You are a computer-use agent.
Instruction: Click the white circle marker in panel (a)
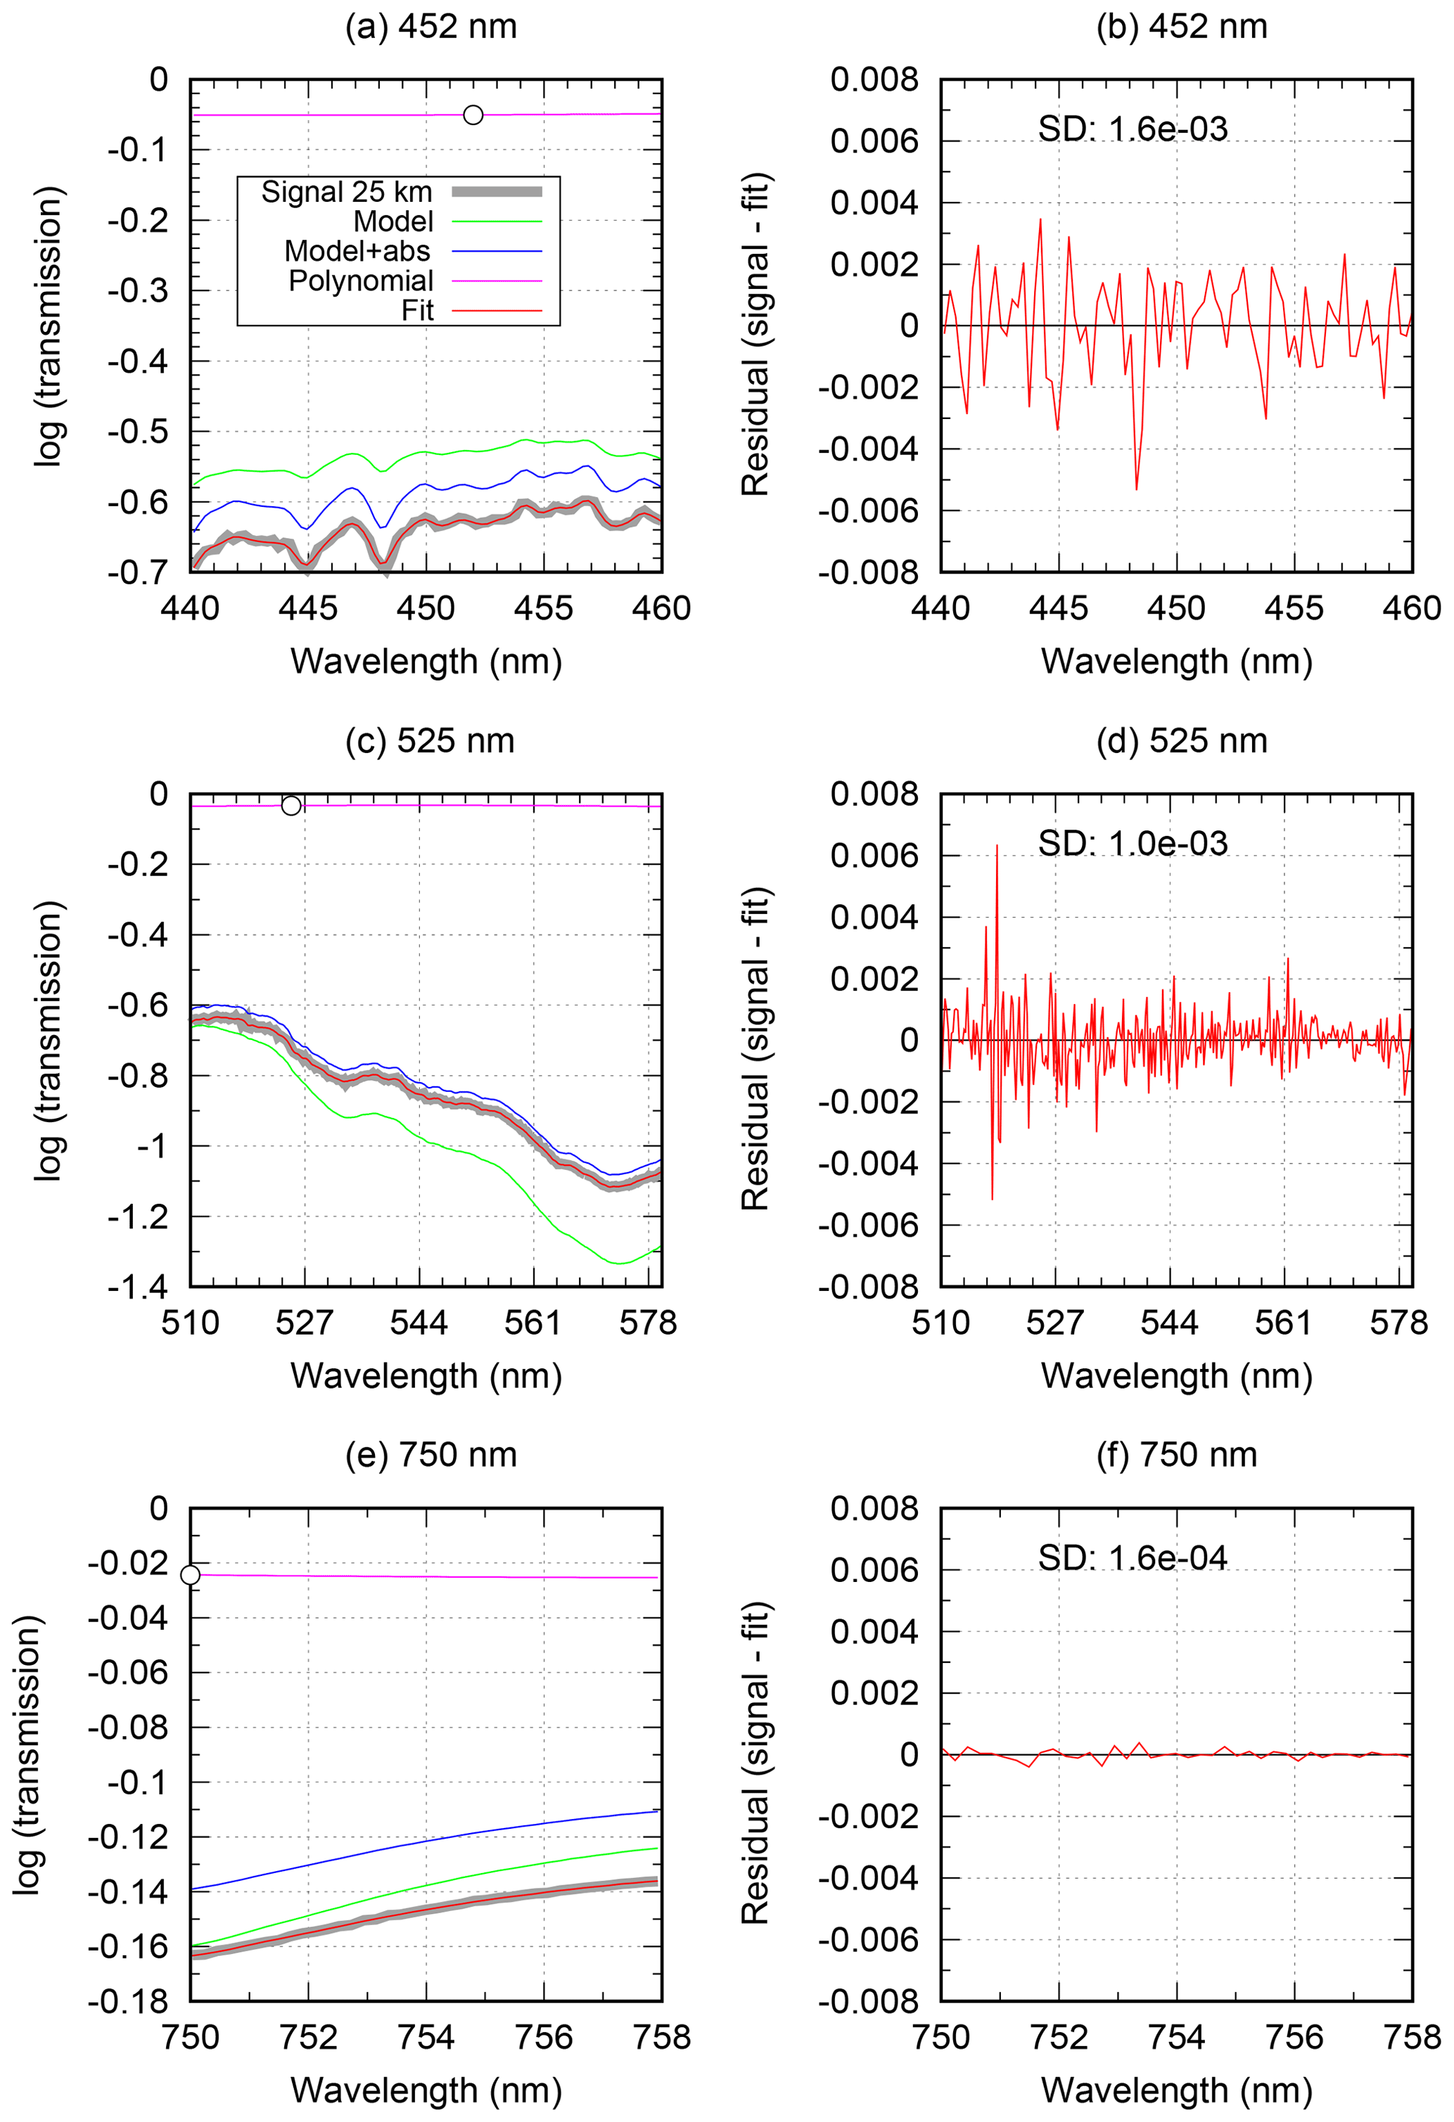click(473, 115)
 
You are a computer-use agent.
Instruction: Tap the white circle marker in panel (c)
click(291, 805)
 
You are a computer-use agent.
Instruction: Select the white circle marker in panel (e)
click(190, 1575)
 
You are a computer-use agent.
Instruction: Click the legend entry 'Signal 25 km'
click(347, 193)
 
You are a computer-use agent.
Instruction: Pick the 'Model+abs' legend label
click(357, 251)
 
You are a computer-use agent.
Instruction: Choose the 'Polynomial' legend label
click(361, 281)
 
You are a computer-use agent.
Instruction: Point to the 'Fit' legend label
click(417, 311)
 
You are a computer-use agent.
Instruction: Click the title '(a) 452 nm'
click(431, 27)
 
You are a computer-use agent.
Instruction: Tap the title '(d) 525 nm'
click(1181, 740)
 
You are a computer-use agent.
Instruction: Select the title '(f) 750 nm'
click(1176, 1455)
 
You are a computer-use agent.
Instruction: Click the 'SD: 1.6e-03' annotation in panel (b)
click(1133, 129)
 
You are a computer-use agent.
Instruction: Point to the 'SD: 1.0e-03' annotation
click(1133, 844)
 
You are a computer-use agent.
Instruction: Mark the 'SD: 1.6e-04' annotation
click(1133, 1557)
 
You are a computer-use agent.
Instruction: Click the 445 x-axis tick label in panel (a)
click(308, 608)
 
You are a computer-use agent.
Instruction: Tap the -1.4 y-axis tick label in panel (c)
click(138, 1287)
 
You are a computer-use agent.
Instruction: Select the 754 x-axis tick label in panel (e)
click(426, 2037)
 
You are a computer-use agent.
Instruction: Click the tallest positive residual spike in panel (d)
click(997, 847)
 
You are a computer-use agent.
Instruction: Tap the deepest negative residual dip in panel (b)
click(1136, 489)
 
